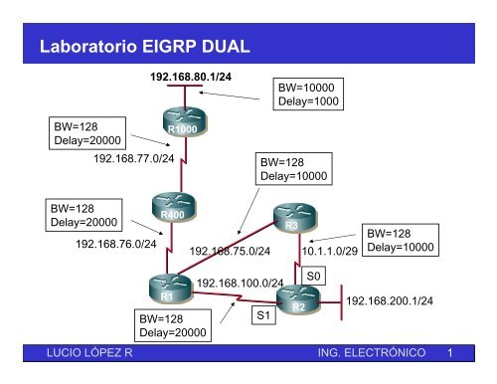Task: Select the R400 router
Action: (x=177, y=208)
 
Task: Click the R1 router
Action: (x=168, y=289)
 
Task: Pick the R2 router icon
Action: (x=297, y=300)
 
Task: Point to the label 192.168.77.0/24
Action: (x=133, y=158)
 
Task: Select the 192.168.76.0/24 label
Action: (x=115, y=242)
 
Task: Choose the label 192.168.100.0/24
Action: (x=241, y=284)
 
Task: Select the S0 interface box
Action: (x=314, y=274)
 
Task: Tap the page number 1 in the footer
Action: (x=450, y=352)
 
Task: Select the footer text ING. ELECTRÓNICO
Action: (x=370, y=352)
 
